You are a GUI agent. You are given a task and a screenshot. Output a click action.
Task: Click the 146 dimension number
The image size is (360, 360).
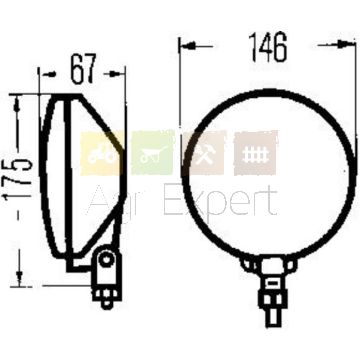pos(268,47)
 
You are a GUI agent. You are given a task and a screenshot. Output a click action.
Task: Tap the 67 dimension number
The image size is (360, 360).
pos(83,68)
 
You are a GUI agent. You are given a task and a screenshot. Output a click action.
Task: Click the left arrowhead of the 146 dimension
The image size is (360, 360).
pos(188,46)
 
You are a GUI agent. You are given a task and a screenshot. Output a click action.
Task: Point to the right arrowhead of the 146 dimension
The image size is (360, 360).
pos(346,44)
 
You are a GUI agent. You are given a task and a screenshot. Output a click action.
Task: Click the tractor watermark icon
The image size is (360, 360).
pos(102,154)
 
